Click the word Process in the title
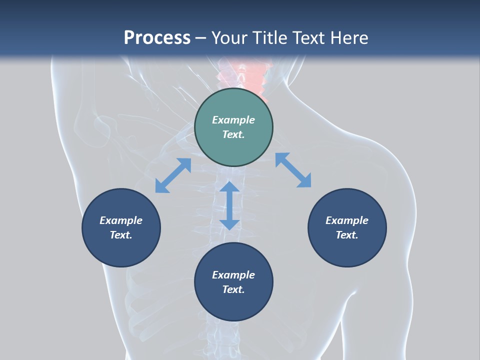coord(157,37)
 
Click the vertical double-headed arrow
coord(229,205)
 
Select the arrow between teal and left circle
coord(173,175)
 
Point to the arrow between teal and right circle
coord(293,170)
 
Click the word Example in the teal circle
coord(233,120)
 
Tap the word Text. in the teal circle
coord(233,134)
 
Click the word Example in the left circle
coord(121,220)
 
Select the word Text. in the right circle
coord(347,235)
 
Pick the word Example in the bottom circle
coord(233,275)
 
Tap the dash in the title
coord(200,38)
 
